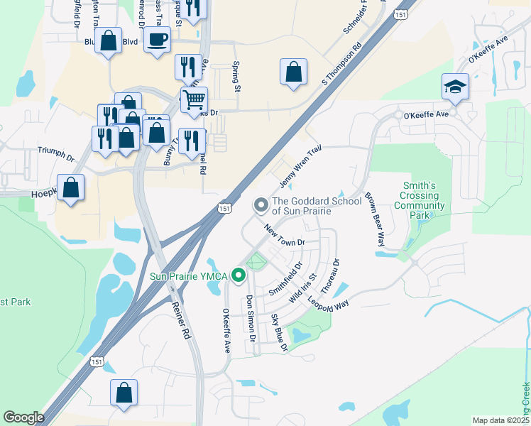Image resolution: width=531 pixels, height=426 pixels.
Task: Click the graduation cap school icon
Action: click(x=455, y=87)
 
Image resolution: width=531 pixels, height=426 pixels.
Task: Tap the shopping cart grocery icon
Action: click(x=194, y=99)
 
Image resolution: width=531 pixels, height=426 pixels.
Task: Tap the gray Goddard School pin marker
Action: click(x=261, y=205)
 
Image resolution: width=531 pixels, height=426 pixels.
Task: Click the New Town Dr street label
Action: click(x=284, y=236)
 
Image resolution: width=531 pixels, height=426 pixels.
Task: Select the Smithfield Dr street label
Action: click(x=285, y=279)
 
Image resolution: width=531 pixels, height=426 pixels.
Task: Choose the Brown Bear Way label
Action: click(x=373, y=219)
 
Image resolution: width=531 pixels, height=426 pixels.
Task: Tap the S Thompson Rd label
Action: click(x=341, y=63)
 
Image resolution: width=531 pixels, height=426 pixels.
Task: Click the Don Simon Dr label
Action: click(x=250, y=316)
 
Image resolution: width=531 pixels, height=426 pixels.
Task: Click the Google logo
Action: click(x=23, y=417)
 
